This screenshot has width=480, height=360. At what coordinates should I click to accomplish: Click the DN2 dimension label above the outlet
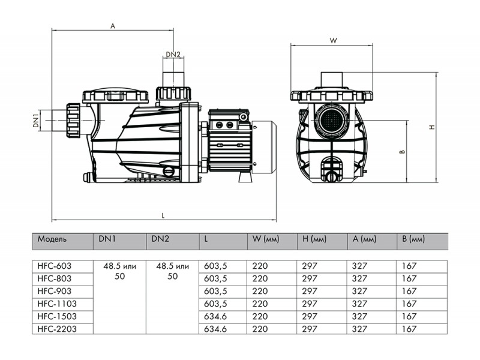click(173, 55)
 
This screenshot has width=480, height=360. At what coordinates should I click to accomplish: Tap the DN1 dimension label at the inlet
click(37, 121)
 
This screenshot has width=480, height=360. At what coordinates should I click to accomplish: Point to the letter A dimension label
click(113, 26)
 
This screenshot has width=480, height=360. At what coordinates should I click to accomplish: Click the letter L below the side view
click(163, 215)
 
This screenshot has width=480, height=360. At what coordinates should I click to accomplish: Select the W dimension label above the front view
click(334, 40)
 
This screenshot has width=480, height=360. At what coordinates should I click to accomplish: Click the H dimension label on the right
click(432, 127)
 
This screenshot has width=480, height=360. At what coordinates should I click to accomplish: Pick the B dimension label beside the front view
click(403, 152)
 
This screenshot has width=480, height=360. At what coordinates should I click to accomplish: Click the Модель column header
click(52, 239)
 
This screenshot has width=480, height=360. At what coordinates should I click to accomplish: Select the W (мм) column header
click(266, 239)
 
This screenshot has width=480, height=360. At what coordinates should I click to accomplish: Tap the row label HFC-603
click(54, 266)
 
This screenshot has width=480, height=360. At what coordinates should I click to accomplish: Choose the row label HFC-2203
click(56, 329)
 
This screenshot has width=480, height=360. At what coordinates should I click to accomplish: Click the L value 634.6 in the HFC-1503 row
click(215, 316)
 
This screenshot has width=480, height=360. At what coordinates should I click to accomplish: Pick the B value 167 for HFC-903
click(409, 291)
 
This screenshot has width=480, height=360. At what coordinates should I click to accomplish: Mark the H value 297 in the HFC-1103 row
click(310, 304)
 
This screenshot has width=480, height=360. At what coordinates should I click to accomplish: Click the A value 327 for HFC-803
click(359, 278)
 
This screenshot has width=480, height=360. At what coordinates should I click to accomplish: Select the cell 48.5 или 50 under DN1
click(119, 271)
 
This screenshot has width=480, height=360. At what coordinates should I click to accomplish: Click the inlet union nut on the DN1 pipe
click(73, 121)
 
